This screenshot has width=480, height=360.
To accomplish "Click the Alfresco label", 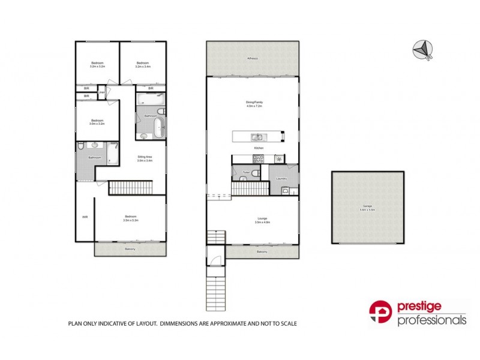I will click(x=252, y=58).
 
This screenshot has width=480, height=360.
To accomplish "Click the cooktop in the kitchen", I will click(x=259, y=159).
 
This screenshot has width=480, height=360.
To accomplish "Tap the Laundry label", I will click(x=280, y=178).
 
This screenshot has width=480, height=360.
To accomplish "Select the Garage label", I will click(x=359, y=206).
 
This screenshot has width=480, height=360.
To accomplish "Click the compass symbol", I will click(x=422, y=49).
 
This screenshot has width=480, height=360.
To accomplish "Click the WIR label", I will click(x=85, y=217).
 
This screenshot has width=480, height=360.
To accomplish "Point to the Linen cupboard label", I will click(x=101, y=92).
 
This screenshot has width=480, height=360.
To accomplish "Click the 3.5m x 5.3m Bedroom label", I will click(x=131, y=217).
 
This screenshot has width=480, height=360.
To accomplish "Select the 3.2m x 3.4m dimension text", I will click(x=142, y=67).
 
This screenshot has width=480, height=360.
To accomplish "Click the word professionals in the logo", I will click(x=432, y=320).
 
